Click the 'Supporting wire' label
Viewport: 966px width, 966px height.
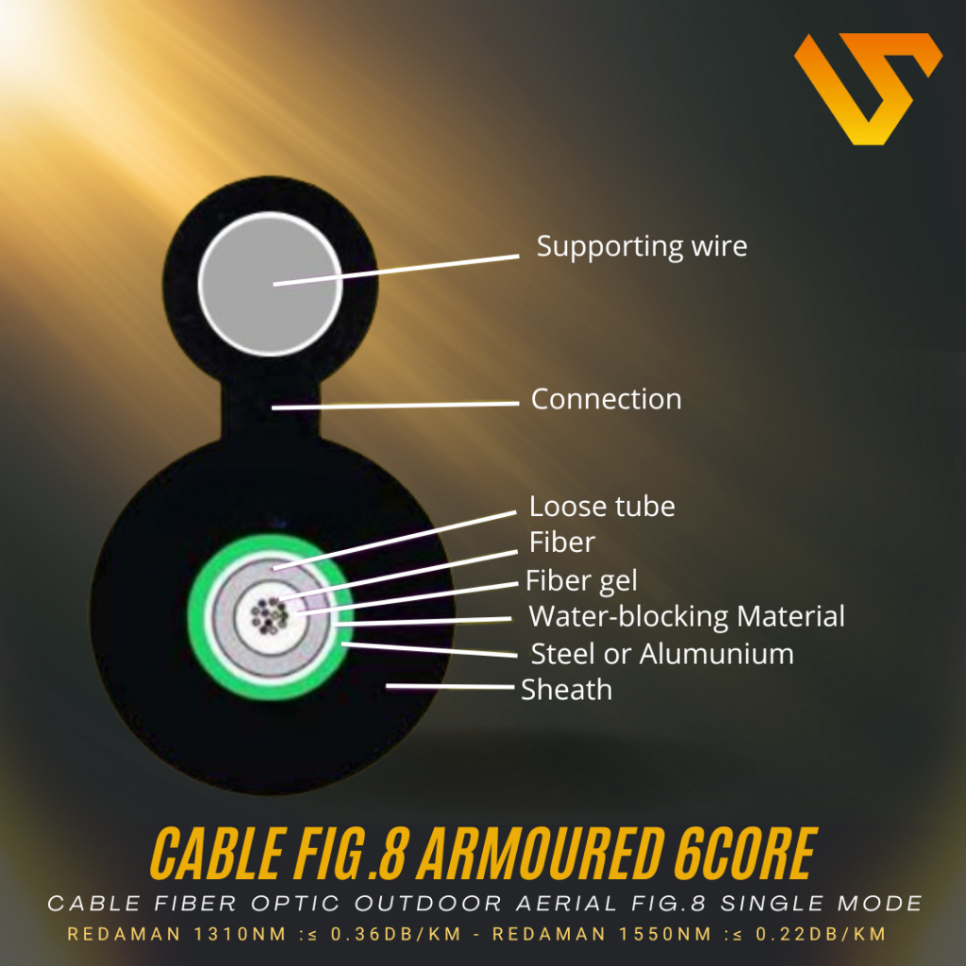641,247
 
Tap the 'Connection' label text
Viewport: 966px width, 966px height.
606,399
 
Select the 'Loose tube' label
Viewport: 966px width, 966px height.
602,507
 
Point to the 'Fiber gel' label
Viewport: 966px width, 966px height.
581,580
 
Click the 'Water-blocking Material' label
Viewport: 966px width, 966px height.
687,617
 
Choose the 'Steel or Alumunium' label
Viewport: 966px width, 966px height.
661,654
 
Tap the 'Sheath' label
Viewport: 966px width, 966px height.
566,690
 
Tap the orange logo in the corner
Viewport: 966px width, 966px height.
866,88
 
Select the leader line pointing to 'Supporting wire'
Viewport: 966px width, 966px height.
396,269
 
